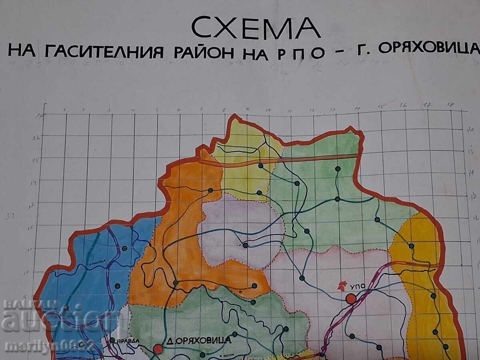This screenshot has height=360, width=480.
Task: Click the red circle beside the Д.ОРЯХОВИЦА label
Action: [158, 348]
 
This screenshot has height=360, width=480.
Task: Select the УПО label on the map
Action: [358, 287]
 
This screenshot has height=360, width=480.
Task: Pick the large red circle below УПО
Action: [351, 298]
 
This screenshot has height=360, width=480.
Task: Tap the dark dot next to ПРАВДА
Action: [112, 340]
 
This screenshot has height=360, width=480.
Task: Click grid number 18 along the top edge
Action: [451, 105]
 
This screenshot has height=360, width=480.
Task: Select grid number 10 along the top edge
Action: [268, 110]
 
